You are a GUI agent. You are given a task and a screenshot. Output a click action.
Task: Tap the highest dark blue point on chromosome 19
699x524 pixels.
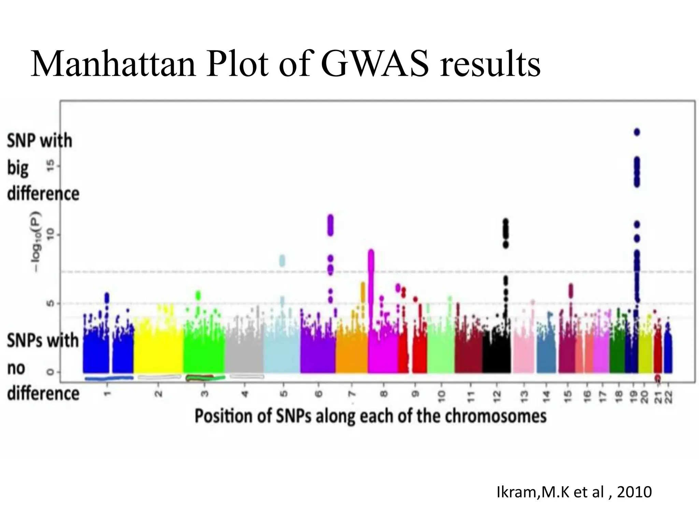point(637,132)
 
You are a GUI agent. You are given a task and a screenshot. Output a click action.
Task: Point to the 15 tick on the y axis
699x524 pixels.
point(51,166)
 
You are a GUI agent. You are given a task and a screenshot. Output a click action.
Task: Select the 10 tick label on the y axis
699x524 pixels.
point(51,235)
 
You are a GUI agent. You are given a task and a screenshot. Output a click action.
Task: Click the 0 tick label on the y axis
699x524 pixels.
point(51,372)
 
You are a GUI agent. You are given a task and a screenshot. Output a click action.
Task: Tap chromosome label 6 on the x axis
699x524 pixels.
point(318,394)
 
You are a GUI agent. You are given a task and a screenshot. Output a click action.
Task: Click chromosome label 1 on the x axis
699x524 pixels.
point(108,394)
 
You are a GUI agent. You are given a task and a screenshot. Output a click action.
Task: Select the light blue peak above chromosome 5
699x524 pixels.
point(282,261)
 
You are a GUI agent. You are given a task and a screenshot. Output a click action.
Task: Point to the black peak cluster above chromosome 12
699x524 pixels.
point(505,233)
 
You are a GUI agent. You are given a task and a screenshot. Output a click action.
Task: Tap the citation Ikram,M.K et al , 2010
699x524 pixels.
point(574,492)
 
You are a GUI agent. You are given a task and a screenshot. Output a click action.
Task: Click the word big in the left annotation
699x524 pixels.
point(18,168)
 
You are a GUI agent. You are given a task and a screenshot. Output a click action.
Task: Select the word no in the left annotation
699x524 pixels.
point(16,368)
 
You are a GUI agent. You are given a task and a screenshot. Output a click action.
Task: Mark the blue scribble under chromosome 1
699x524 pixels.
point(109,378)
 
